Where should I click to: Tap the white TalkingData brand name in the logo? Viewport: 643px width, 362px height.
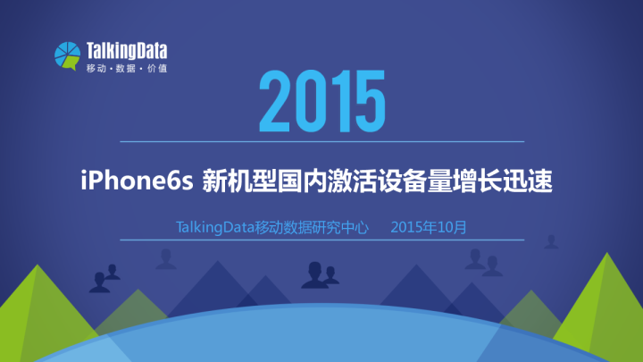125,50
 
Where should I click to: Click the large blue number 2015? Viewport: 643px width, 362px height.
321,103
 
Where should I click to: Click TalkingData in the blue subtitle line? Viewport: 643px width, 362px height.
215,227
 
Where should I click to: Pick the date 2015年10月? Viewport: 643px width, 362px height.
429,227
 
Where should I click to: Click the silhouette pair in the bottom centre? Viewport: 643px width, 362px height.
319,274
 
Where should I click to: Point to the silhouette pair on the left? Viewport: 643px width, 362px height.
104,279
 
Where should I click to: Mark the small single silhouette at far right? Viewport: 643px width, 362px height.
552,241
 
